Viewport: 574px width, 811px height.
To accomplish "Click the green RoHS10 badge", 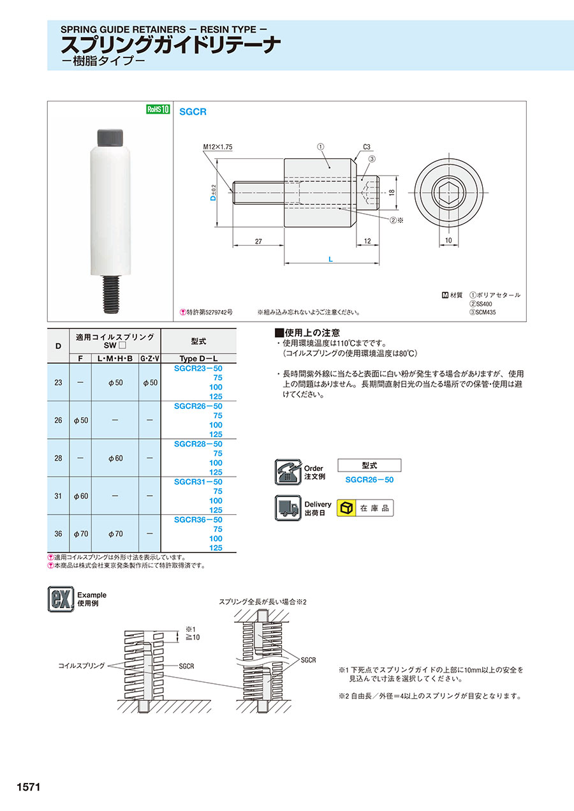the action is [158, 109].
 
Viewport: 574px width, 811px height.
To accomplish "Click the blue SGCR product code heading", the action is [193, 112].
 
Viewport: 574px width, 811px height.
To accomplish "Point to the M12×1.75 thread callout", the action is [217, 147].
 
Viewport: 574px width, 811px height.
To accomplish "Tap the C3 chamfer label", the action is [367, 147].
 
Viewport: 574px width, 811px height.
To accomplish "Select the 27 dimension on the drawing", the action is [258, 241].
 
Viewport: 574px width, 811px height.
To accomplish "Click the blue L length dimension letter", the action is [330, 260].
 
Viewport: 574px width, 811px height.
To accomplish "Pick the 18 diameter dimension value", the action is [392, 193].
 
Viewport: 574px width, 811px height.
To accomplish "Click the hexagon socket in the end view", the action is [448, 192].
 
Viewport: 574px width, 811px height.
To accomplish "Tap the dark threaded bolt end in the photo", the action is [112, 294].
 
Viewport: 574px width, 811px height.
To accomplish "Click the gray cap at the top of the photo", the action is [110, 138].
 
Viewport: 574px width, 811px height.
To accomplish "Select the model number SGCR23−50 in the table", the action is [198, 369].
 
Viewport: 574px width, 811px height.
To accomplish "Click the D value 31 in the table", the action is [58, 496].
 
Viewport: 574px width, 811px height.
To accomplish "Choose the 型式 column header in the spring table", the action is [198, 341].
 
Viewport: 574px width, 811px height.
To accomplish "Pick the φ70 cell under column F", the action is [81, 533].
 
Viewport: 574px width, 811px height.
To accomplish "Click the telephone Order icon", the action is [288, 472].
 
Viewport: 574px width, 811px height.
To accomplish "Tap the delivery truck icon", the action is [288, 508].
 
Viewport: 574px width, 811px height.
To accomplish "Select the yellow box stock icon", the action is [346, 508].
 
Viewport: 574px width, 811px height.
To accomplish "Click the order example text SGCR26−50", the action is [369, 480].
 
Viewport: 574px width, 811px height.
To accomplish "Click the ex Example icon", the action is [61, 599].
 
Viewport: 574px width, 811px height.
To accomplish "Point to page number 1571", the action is [29, 787].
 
